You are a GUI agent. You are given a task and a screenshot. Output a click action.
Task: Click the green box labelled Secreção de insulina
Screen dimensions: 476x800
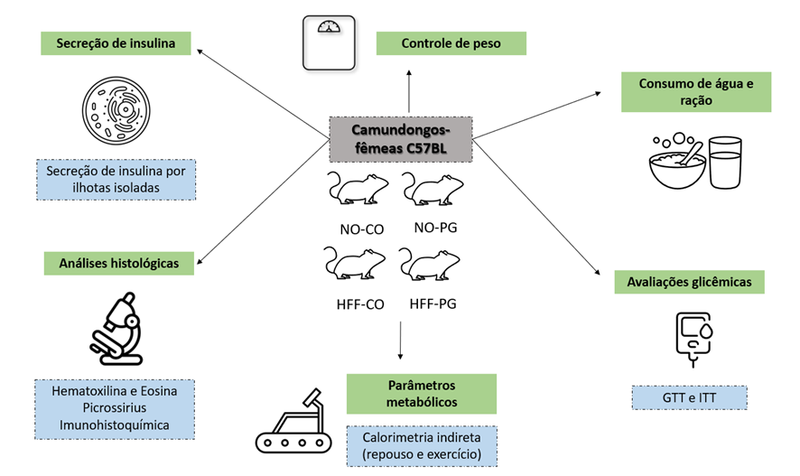click(x=115, y=42)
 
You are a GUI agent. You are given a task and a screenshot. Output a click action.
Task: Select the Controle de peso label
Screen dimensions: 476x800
click(x=451, y=42)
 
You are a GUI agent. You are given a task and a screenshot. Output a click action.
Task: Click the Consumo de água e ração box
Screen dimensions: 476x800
click(x=694, y=92)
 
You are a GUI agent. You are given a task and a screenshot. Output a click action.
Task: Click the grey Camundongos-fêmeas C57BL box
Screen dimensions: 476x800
click(x=400, y=138)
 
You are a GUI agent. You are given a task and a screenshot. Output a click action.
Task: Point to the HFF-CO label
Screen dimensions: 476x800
click(x=360, y=304)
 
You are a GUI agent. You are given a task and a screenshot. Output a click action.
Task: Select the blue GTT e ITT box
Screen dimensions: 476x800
click(x=689, y=397)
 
